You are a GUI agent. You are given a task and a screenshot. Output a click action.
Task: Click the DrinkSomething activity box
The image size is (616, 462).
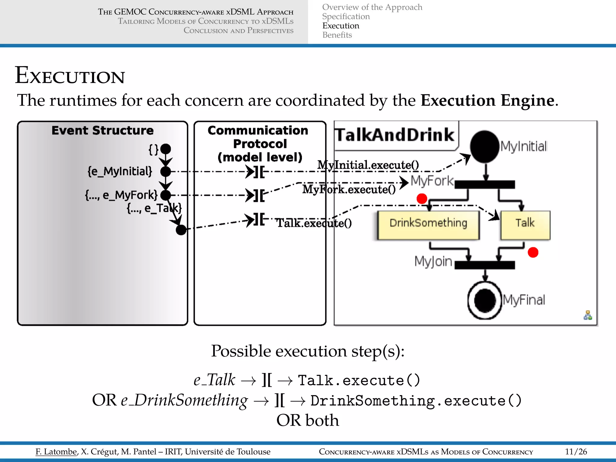click(428, 225)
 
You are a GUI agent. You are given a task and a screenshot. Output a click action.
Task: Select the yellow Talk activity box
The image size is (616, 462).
click(525, 225)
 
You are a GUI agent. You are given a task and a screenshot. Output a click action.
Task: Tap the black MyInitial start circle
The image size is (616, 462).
click(485, 146)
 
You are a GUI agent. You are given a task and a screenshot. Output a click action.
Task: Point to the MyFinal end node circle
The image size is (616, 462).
click(485, 300)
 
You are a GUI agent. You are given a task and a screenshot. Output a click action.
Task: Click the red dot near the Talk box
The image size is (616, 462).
click(533, 252)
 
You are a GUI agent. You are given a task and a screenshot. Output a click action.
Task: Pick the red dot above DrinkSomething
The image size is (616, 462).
click(422, 199)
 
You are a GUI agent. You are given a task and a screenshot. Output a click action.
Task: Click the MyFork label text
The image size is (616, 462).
click(432, 181)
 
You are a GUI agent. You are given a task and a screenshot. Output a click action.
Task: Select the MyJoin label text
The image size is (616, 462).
click(433, 261)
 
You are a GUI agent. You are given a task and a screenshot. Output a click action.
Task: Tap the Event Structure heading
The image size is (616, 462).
click(102, 131)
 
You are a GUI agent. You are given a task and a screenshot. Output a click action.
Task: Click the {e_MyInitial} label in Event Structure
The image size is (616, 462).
click(120, 171)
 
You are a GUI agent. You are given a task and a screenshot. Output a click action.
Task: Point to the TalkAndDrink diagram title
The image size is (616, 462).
click(395, 135)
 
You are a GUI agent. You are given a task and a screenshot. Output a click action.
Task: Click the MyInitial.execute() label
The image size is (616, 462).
click(368, 165)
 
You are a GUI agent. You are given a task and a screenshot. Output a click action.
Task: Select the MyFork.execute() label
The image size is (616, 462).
click(349, 189)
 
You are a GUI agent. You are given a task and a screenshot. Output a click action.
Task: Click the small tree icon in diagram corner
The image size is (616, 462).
click(588, 316)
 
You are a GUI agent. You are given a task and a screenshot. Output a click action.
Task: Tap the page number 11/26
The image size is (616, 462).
click(576, 451)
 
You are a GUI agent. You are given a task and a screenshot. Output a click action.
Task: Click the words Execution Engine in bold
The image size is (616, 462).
click(487, 100)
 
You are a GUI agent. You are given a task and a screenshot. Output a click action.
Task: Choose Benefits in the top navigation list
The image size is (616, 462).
click(337, 35)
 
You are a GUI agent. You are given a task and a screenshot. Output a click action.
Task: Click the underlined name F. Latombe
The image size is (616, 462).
click(56, 451)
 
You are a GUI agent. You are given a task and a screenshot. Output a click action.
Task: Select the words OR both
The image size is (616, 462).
click(307, 420)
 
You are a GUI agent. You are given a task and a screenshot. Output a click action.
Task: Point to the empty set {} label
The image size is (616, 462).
click(153, 149)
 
